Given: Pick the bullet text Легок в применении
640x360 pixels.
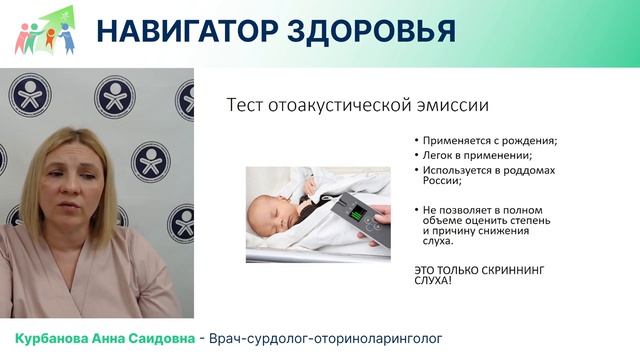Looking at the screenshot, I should pyautogui.click(x=469, y=156).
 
